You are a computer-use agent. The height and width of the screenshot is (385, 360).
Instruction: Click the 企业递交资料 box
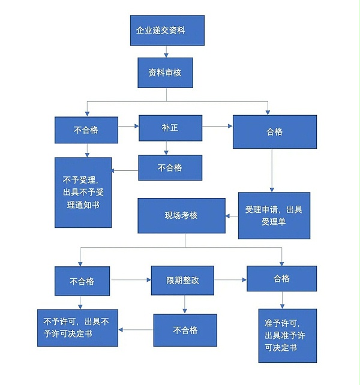click(167, 31)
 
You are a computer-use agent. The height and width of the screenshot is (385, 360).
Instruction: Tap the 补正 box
click(170, 128)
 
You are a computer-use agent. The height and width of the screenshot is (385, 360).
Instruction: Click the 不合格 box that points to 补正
click(86, 130)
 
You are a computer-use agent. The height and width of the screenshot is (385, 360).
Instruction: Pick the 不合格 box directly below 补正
click(170, 168)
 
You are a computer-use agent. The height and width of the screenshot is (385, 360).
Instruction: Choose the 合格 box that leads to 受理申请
click(274, 131)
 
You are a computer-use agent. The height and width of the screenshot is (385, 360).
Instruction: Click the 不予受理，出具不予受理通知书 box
click(83, 192)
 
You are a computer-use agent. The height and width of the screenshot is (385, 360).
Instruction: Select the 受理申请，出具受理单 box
click(274, 215)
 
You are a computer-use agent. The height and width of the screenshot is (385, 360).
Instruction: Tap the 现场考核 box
click(181, 215)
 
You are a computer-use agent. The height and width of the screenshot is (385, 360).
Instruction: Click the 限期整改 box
click(182, 280)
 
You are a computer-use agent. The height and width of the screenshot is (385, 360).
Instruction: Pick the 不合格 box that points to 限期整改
click(82, 281)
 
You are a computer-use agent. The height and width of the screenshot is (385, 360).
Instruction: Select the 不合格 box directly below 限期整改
click(185, 330)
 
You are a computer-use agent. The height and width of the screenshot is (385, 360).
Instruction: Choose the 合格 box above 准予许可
click(281, 279)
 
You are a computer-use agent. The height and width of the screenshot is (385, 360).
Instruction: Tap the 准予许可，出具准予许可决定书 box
click(287, 335)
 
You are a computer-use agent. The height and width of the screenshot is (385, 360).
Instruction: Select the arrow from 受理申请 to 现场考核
click(231, 215)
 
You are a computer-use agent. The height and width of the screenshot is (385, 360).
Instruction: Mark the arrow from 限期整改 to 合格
click(230, 279)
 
